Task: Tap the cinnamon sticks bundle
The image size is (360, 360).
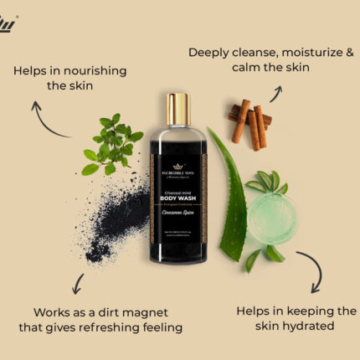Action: (x=249, y=125)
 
